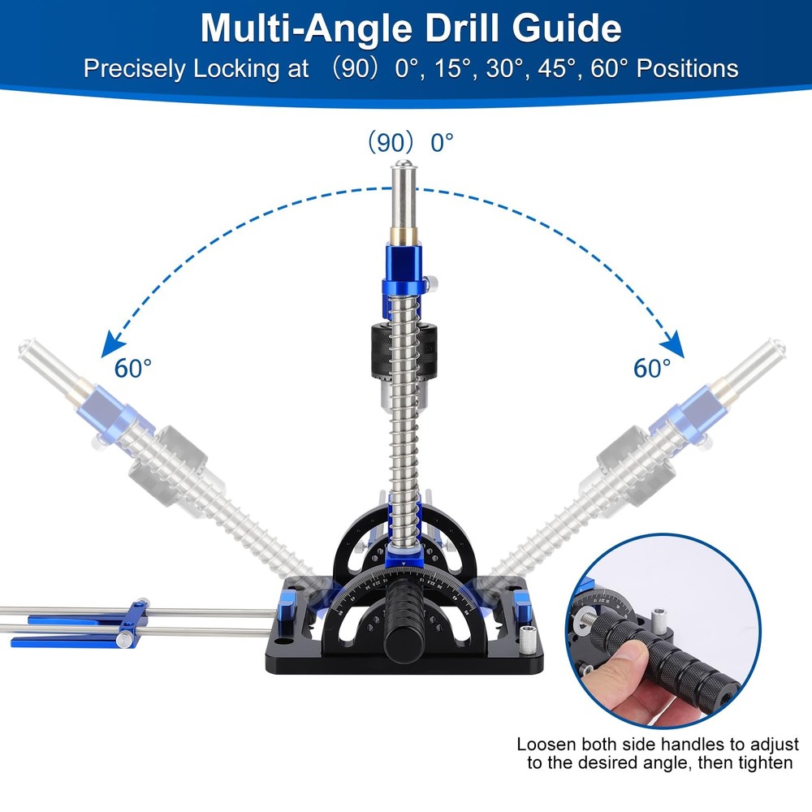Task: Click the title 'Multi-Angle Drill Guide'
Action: coord(411,28)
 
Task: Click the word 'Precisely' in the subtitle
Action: coord(134,68)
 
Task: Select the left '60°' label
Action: coord(132,368)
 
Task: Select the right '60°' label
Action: coord(652,368)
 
